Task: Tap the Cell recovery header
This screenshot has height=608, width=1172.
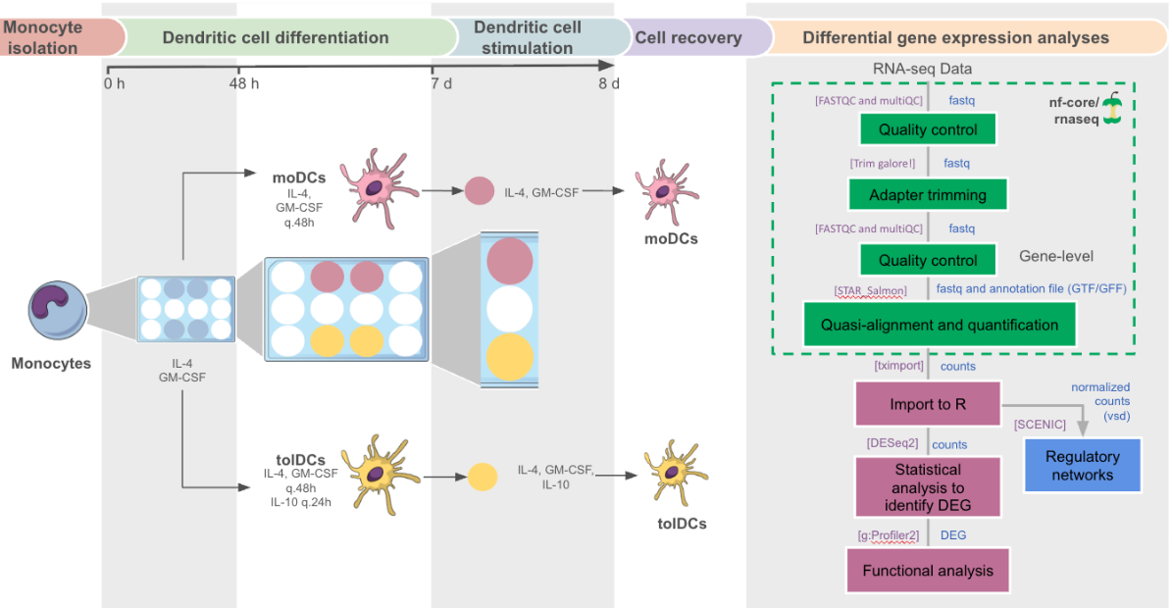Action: point(688,38)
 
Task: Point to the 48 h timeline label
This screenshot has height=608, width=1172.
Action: point(244,83)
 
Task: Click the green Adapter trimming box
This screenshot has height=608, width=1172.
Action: point(928,195)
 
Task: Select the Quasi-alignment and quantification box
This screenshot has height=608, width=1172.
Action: point(940,325)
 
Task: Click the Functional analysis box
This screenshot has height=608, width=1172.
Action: point(928,571)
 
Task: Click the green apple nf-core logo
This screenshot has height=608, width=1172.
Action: point(1112,110)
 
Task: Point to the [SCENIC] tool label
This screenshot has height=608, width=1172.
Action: point(1040,424)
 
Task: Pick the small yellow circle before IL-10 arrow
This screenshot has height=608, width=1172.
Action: point(482,477)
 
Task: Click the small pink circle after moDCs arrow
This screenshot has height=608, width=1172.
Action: point(479,190)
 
